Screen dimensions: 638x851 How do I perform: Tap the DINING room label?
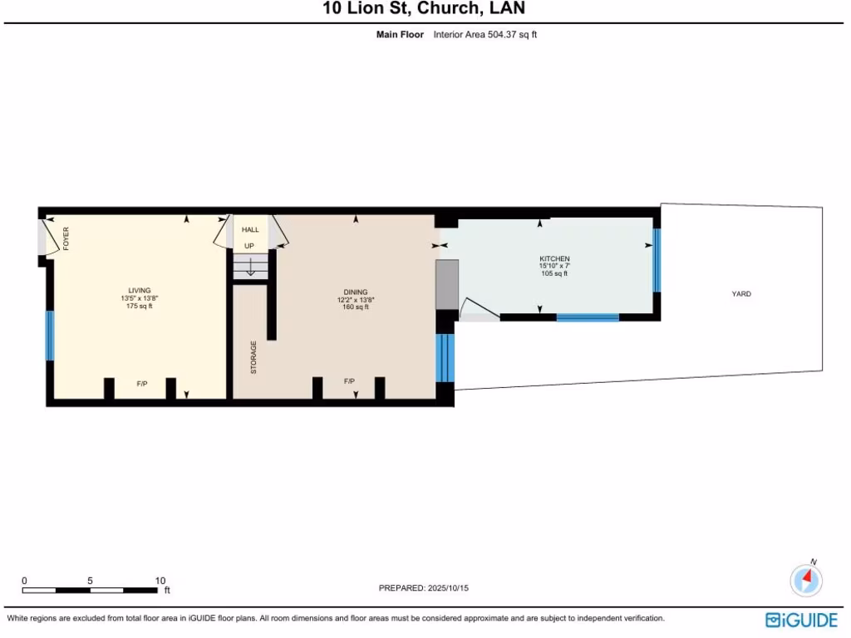click(x=356, y=292)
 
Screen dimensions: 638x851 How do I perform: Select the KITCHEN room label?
click(x=554, y=259)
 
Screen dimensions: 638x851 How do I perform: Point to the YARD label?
click(x=741, y=293)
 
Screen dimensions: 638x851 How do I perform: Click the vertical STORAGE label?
click(x=254, y=357)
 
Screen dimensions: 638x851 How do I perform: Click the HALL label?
click(x=250, y=229)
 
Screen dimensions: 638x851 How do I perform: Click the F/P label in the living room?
click(x=142, y=384)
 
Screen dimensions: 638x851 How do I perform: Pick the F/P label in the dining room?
click(x=350, y=381)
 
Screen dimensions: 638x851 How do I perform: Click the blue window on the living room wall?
click(x=50, y=335)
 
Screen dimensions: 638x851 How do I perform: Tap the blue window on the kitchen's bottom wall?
click(x=588, y=317)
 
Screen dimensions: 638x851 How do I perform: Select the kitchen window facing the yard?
click(x=657, y=260)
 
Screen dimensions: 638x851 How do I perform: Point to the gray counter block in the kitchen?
click(x=447, y=284)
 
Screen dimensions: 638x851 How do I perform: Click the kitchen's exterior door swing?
click(x=479, y=311)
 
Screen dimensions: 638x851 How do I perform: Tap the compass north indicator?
click(x=806, y=577)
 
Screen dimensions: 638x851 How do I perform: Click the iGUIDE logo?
click(x=801, y=620)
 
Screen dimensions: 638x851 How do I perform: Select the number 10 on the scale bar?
click(x=160, y=581)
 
